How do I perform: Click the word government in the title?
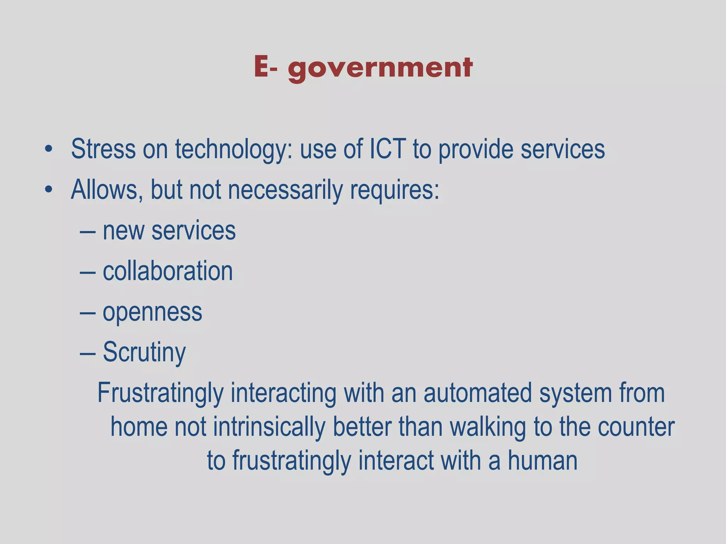coord(380,68)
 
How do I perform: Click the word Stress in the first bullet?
coord(103,149)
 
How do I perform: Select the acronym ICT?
coord(387,149)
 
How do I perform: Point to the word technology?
coord(234,149)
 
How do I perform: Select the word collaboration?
coord(168,271)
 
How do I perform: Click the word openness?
coord(152,312)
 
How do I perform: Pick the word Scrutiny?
coord(144,353)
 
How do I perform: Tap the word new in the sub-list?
coord(123,231)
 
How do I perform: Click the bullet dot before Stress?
coord(49,149)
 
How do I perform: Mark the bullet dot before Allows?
coord(49,190)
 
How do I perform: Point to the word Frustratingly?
coord(160,393)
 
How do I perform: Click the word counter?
coord(636,427)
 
